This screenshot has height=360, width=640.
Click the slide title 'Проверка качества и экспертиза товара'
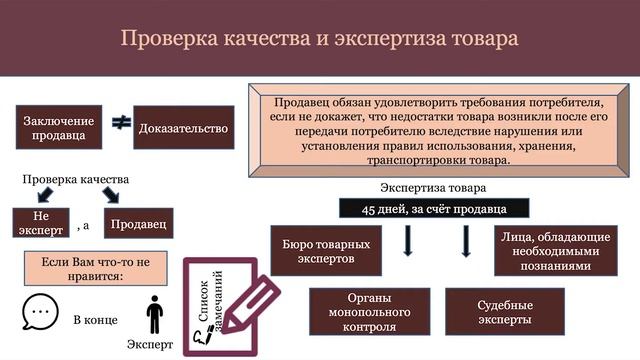(x=319, y=39)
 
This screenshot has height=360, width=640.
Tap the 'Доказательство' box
(x=183, y=128)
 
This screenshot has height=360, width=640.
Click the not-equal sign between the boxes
(x=120, y=124)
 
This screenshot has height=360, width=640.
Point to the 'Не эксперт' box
(x=40, y=223)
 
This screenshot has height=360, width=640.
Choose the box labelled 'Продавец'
(x=138, y=223)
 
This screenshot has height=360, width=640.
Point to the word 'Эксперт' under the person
(x=150, y=345)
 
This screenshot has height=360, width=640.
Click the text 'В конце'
(x=95, y=320)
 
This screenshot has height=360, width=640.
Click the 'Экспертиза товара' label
(x=433, y=188)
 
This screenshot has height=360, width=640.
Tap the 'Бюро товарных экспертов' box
(x=326, y=251)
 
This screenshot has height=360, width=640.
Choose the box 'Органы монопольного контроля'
(x=369, y=311)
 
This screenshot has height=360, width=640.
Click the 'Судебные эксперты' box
(x=505, y=311)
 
